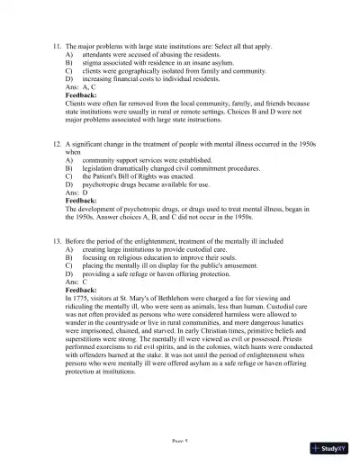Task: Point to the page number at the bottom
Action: [180, 443]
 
